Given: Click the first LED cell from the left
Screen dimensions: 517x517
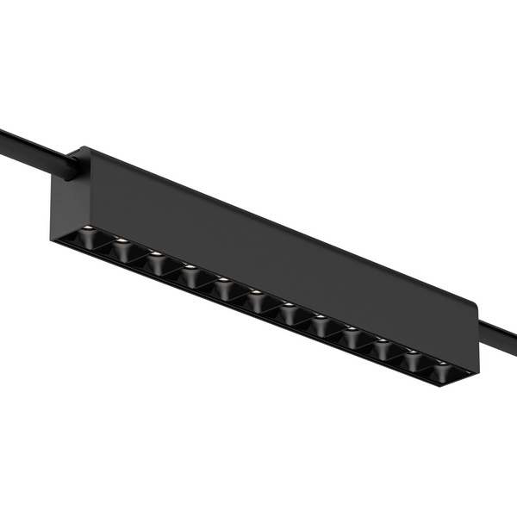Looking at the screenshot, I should (87, 236).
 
